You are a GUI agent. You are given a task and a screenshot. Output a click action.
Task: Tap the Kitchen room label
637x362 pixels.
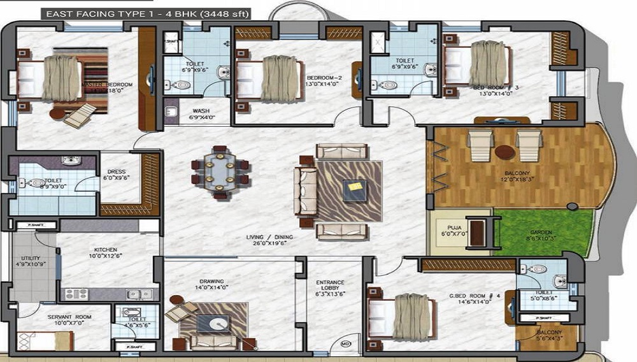click(106, 250)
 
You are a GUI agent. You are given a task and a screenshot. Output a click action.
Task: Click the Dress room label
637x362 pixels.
click(116, 171)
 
